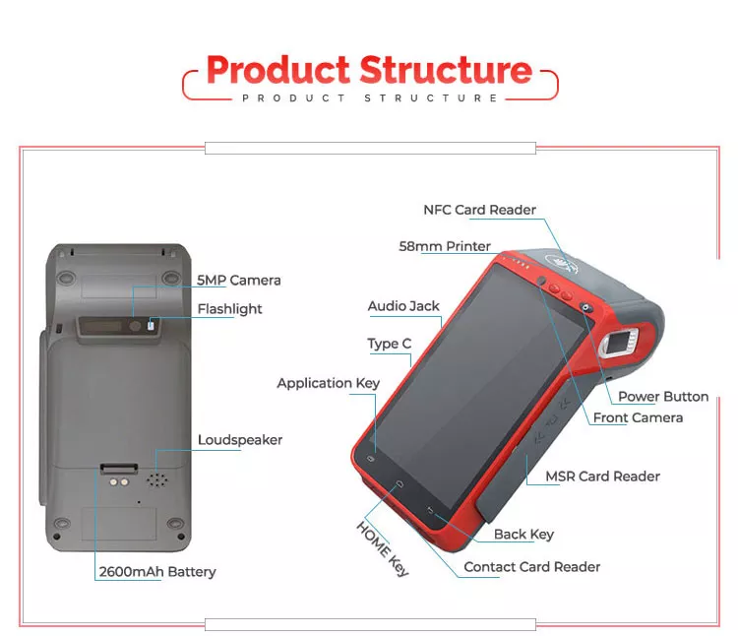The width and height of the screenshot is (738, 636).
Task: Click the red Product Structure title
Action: click(x=369, y=70)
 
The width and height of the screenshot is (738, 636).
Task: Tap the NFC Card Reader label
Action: click(x=479, y=210)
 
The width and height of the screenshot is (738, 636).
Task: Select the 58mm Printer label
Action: click(x=445, y=246)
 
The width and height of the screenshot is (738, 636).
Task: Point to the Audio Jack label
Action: click(x=403, y=306)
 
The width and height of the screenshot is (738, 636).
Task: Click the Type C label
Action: click(x=389, y=344)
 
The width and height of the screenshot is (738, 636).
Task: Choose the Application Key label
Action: click(x=328, y=383)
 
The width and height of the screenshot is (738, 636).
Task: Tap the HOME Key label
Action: click(x=382, y=547)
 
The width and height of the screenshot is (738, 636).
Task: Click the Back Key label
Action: click(x=523, y=534)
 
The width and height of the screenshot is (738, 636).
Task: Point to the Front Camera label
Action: click(x=638, y=417)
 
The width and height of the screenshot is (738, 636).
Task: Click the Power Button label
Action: click(x=662, y=396)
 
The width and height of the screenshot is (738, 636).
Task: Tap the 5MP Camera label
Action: click(x=238, y=280)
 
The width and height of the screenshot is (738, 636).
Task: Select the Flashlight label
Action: click(x=229, y=308)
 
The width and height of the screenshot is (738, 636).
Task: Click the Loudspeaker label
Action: click(x=239, y=440)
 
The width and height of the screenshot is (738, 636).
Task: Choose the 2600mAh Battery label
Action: click(x=156, y=571)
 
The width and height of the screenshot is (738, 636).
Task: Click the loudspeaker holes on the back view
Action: click(x=154, y=480)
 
